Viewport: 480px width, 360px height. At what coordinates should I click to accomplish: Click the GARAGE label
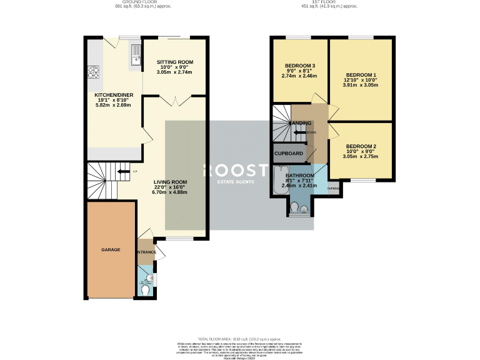pyautogui.click(x=111, y=249)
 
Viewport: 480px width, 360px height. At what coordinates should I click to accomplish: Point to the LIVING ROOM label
pyautogui.click(x=171, y=182)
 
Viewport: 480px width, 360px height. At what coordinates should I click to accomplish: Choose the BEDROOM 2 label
pyautogui.click(x=361, y=147)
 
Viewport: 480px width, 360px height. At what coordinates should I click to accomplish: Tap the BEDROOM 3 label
pyautogui.click(x=300, y=66)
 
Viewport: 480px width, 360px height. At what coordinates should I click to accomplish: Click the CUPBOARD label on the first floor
pyautogui.click(x=289, y=153)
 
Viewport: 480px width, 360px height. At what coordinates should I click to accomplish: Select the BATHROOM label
pyautogui.click(x=299, y=176)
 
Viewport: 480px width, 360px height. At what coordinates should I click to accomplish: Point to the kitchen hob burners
pyautogui.click(x=94, y=72)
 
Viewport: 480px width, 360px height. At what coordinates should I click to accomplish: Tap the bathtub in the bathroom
pyautogui.click(x=279, y=181)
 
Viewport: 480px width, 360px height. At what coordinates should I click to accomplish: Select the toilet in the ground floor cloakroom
pyautogui.click(x=145, y=290)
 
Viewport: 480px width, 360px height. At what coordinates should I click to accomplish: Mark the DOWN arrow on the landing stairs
pyautogui.click(x=306, y=132)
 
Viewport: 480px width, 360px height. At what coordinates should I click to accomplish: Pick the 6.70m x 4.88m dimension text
pyautogui.click(x=171, y=192)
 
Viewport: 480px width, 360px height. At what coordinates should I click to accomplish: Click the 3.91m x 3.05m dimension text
pyautogui.click(x=360, y=84)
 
